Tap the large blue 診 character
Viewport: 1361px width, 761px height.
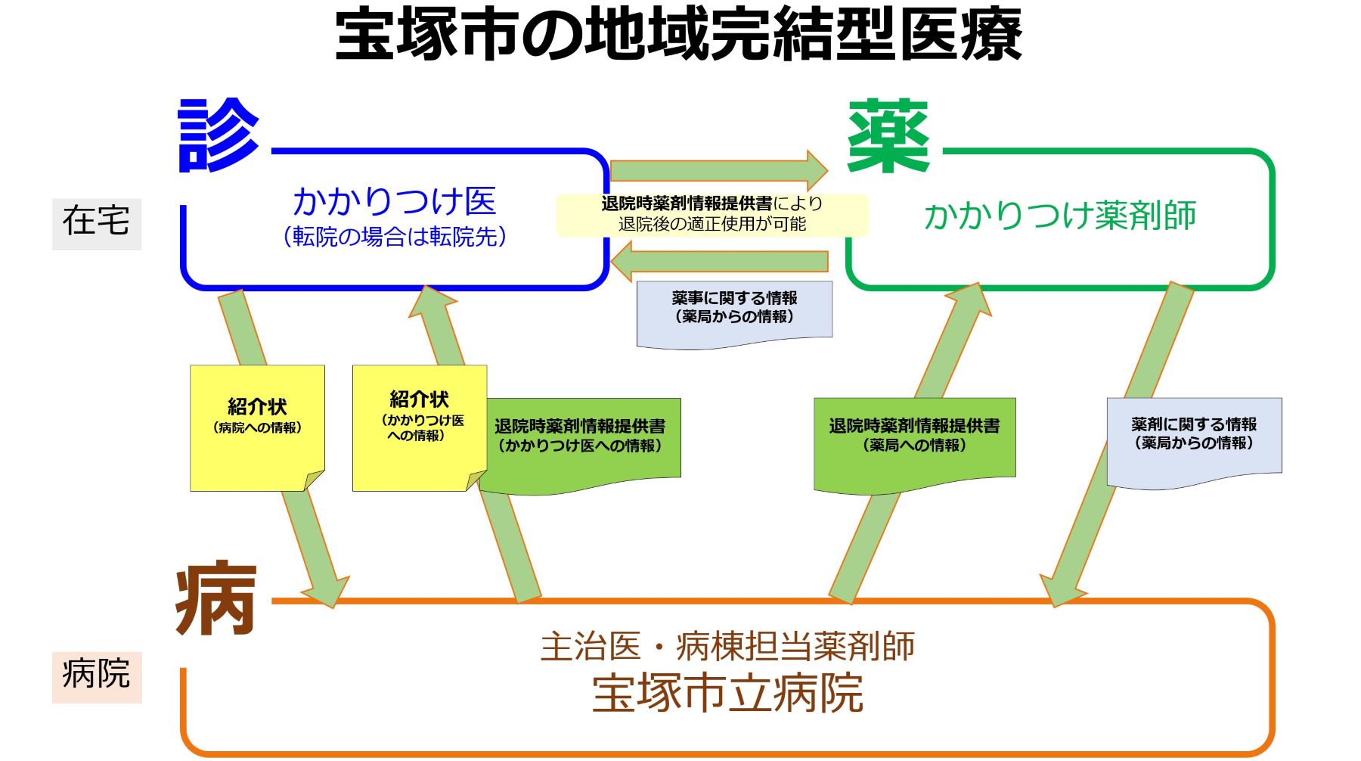pos(219,135)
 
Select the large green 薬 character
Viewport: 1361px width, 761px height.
pos(888,136)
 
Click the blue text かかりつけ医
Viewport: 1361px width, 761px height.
pos(394,200)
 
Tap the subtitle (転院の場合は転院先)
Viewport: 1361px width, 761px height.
pos(395,237)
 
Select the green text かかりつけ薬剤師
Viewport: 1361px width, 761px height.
pos(1060,216)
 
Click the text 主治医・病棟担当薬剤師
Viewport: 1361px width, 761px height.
pos(727,646)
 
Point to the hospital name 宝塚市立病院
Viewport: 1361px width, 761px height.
pos(727,692)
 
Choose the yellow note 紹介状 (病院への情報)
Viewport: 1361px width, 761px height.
pos(257,428)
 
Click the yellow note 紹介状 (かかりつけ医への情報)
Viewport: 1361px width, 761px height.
pos(420,428)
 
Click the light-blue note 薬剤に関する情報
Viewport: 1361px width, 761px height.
pos(1194,441)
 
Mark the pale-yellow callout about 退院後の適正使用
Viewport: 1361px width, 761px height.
pos(712,215)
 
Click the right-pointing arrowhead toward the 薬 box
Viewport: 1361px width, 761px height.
pos(817,170)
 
